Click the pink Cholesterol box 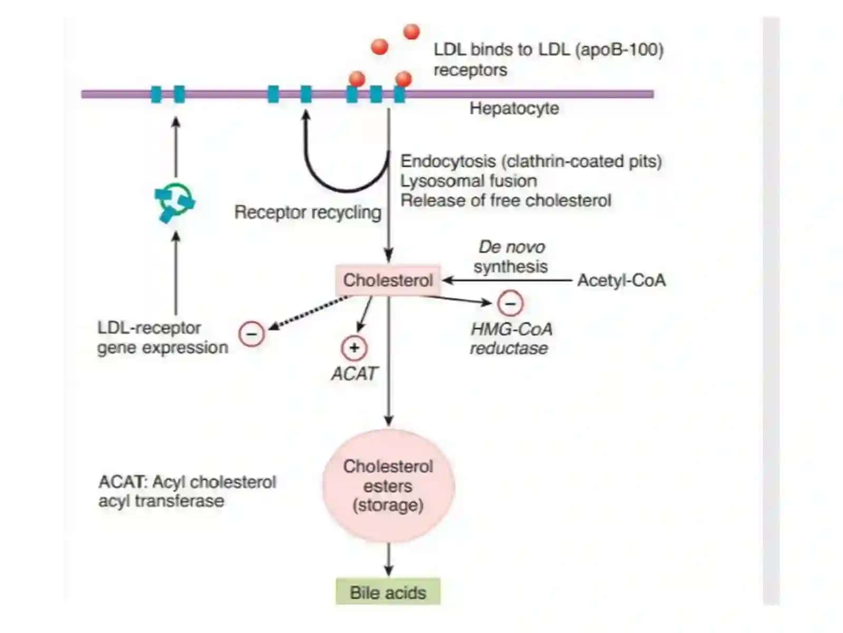point(387,280)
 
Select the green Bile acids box point(387,592)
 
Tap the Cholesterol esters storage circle point(388,486)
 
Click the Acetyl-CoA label point(621,280)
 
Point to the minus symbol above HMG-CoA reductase point(509,303)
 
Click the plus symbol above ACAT point(354,348)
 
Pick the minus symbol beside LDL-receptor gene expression point(251,333)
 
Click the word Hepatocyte point(514,108)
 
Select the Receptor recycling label point(308,212)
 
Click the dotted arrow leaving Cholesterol point(308,312)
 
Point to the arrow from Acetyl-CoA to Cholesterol point(507,280)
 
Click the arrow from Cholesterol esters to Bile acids point(388,559)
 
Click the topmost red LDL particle point(411,32)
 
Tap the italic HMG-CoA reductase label point(511,339)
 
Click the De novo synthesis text point(511,257)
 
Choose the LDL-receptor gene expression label point(162,338)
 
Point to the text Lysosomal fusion point(468,181)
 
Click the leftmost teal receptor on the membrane point(156,94)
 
